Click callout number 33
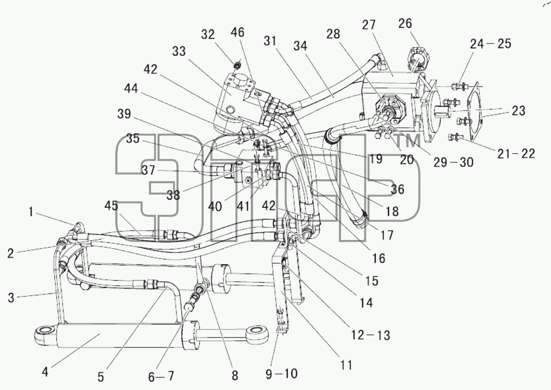(179, 51)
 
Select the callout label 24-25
(490, 44)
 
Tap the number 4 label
(45, 372)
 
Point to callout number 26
(405, 24)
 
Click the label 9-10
(282, 373)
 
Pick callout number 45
(111, 205)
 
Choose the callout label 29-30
(453, 162)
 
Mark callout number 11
(346, 365)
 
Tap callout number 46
(237, 32)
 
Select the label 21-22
(516, 153)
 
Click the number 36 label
(398, 189)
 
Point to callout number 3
(11, 298)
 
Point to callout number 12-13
(370, 335)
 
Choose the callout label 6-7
(161, 377)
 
